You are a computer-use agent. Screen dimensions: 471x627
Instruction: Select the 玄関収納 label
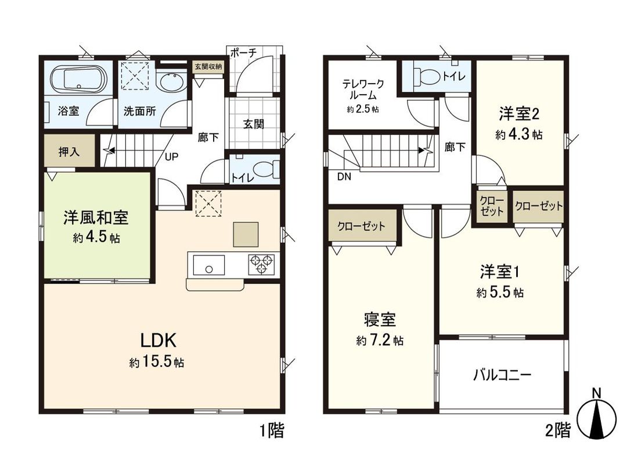click(208, 66)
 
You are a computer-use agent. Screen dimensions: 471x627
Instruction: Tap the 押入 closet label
click(70, 152)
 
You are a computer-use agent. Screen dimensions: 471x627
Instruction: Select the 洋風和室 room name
click(96, 219)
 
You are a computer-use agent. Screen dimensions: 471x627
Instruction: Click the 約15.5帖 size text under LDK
click(157, 362)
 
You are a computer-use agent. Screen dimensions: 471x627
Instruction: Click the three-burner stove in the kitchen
click(262, 265)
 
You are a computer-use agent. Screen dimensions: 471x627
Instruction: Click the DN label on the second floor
click(344, 177)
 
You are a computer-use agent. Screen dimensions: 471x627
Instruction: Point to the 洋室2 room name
click(519, 112)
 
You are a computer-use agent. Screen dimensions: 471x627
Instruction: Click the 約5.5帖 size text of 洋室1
click(500, 293)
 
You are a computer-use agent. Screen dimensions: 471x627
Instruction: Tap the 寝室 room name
click(380, 320)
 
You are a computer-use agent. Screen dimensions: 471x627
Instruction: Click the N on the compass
click(596, 394)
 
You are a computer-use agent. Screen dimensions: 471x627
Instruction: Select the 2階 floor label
click(558, 431)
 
